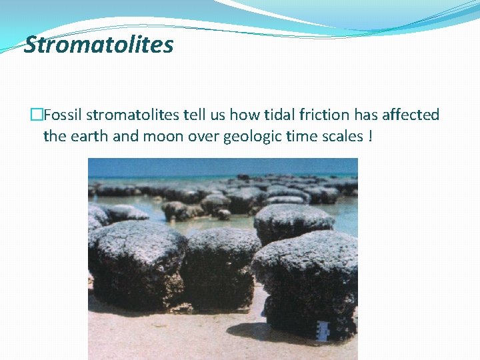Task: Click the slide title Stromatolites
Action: click(x=99, y=45)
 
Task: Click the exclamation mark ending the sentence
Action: click(x=369, y=136)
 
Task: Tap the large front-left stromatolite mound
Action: click(x=137, y=263)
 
